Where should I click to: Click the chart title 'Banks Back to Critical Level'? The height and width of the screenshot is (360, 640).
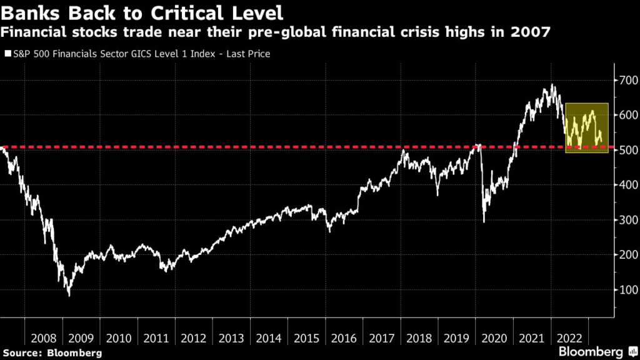point(143,12)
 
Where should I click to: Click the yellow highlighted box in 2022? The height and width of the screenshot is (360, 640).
point(586,128)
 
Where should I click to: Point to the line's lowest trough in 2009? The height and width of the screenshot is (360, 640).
point(69,295)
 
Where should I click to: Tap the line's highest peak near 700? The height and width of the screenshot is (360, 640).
point(552,85)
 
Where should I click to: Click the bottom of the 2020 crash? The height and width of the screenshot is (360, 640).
point(484,221)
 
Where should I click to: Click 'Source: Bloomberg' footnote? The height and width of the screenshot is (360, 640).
point(51,353)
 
